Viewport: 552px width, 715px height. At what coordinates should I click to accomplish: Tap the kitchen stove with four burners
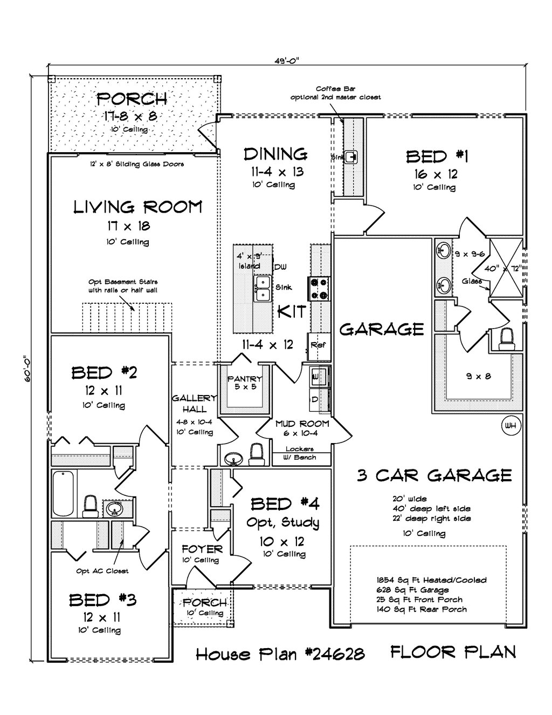(x=318, y=289)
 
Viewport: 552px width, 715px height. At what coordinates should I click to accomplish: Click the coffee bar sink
(x=351, y=157)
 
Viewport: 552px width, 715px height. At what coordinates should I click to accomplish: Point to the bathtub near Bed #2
(x=63, y=493)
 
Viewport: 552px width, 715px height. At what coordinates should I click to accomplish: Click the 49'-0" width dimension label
(x=287, y=60)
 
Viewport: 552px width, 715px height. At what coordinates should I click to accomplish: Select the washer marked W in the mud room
(x=319, y=376)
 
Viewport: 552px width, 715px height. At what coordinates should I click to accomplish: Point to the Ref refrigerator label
(x=318, y=345)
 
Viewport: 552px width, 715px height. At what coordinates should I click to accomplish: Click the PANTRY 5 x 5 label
(x=245, y=383)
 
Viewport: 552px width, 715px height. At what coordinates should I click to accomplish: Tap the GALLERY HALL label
(x=195, y=404)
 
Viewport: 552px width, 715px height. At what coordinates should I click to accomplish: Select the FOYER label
(x=202, y=549)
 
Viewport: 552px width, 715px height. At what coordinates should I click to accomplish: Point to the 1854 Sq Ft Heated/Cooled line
(x=431, y=580)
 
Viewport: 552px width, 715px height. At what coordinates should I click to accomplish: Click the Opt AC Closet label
(x=102, y=571)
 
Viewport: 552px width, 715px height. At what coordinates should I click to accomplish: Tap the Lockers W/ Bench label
(x=300, y=453)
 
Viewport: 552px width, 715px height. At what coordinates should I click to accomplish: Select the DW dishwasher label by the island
(x=280, y=267)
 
